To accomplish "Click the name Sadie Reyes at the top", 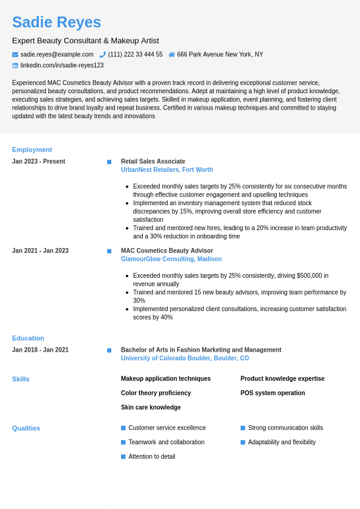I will pos(56,22).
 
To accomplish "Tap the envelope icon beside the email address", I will pos(15,54).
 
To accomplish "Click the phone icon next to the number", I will pos(103,54).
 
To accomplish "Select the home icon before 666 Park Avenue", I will pos(172,54).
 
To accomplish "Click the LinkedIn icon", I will pos(15,65).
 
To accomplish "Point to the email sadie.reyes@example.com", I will pos(57,54).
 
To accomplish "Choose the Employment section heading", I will pos(32,149).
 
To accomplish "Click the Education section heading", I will pos(28,338).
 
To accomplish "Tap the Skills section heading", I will pos(21,379).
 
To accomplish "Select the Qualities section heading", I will pos(26,428).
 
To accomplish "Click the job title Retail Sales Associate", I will pos(153,162).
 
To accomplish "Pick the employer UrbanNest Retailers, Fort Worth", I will pos(167,170).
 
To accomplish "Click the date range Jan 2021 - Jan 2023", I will pos(41,251).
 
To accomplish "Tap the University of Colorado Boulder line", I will pos(185,358).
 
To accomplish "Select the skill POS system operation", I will pos(272,393).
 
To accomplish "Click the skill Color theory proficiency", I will pos(155,393).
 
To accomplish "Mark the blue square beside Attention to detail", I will pos(123,456).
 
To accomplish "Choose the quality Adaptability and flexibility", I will pos(281,442).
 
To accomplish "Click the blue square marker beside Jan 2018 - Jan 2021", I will pos(109,350).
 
